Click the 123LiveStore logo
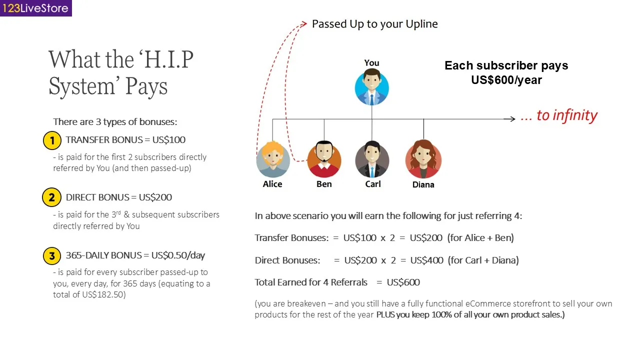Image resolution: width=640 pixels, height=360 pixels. pos(35,8)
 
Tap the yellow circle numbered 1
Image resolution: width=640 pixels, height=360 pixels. pos(52,140)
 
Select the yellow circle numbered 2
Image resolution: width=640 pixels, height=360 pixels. pos(51,197)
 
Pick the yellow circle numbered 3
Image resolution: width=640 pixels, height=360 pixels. pos(51,256)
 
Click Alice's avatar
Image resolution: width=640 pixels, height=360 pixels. pos(272,159)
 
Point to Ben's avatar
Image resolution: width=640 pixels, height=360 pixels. pos(324,159)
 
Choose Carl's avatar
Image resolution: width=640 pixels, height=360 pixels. pos(372,159)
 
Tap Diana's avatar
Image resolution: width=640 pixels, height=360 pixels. pos(423,159)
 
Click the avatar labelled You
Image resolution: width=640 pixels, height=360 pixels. pos(371,87)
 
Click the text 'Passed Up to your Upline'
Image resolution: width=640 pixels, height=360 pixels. pos(374,24)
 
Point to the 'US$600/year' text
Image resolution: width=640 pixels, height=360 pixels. pos(506,80)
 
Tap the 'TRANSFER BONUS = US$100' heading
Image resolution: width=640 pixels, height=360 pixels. pos(125,140)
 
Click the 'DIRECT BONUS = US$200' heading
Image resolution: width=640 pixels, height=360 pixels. pos(118,197)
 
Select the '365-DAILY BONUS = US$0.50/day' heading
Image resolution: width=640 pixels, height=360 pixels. pos(135,255)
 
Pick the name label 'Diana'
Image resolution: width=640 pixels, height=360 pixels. pos(423,184)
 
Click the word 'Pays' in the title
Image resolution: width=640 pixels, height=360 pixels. pos(146,86)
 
